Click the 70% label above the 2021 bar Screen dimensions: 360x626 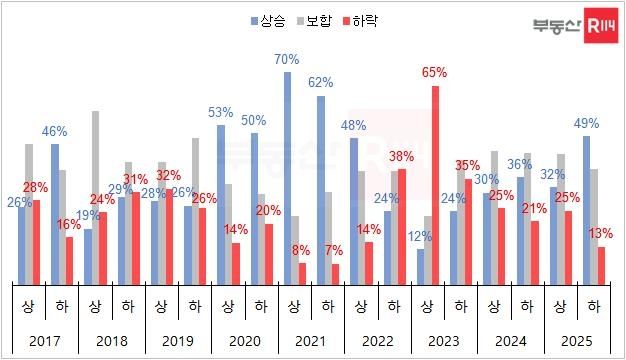[x=287, y=59]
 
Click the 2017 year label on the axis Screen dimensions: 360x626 [x=45, y=342]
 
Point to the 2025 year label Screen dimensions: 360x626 [x=578, y=342]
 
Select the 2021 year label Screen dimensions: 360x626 [x=311, y=342]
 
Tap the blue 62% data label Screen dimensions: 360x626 [x=321, y=82]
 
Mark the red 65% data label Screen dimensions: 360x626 [x=435, y=73]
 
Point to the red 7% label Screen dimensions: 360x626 [x=335, y=249]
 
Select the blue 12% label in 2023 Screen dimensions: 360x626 [x=420, y=237]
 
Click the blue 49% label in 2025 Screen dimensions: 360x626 [x=587, y=123]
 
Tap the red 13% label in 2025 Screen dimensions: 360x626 [x=601, y=233]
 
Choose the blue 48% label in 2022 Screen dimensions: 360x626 [x=354, y=126]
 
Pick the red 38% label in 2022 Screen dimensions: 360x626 [x=401, y=156]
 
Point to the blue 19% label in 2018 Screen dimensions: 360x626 [x=87, y=215]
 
